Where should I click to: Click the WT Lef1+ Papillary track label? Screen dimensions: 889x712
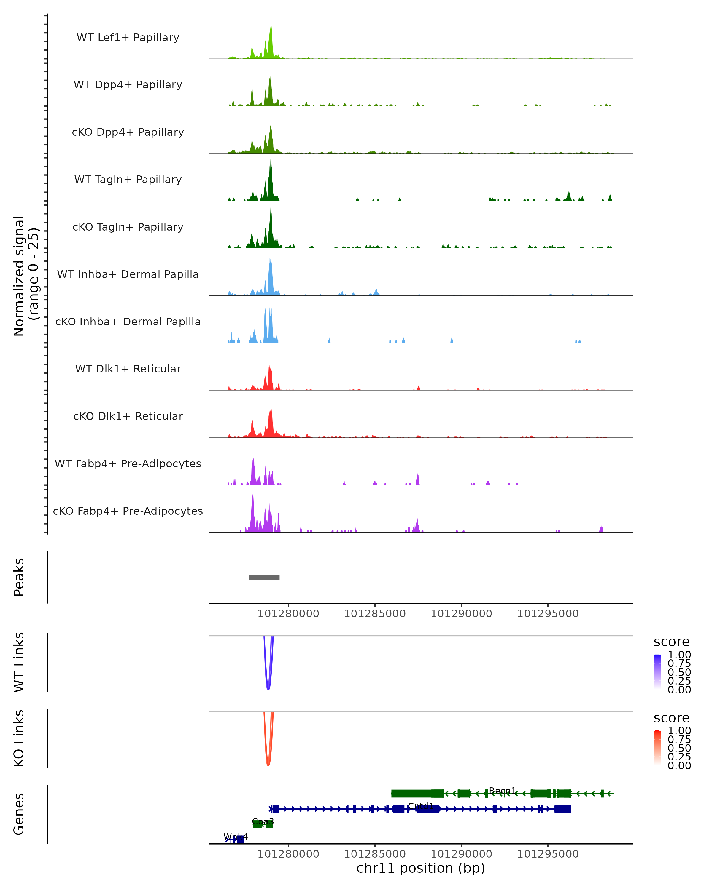click(x=128, y=38)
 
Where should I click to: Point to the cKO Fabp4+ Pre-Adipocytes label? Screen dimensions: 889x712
click(x=128, y=511)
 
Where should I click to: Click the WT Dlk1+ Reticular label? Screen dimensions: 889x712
click(x=128, y=369)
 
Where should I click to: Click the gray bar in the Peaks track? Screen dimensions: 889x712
click(x=264, y=577)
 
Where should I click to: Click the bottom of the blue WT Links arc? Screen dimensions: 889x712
click(x=268, y=689)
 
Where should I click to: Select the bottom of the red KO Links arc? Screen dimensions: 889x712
click(x=268, y=765)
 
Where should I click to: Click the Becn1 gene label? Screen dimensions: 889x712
click(x=502, y=790)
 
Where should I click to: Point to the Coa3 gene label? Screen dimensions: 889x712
click(x=263, y=821)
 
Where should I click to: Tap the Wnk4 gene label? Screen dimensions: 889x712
click(x=236, y=837)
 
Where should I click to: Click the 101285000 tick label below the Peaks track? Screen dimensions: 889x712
click(x=375, y=614)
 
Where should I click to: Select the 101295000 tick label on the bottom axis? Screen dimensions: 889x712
click(x=548, y=854)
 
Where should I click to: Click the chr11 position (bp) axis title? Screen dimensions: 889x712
click(x=421, y=868)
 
